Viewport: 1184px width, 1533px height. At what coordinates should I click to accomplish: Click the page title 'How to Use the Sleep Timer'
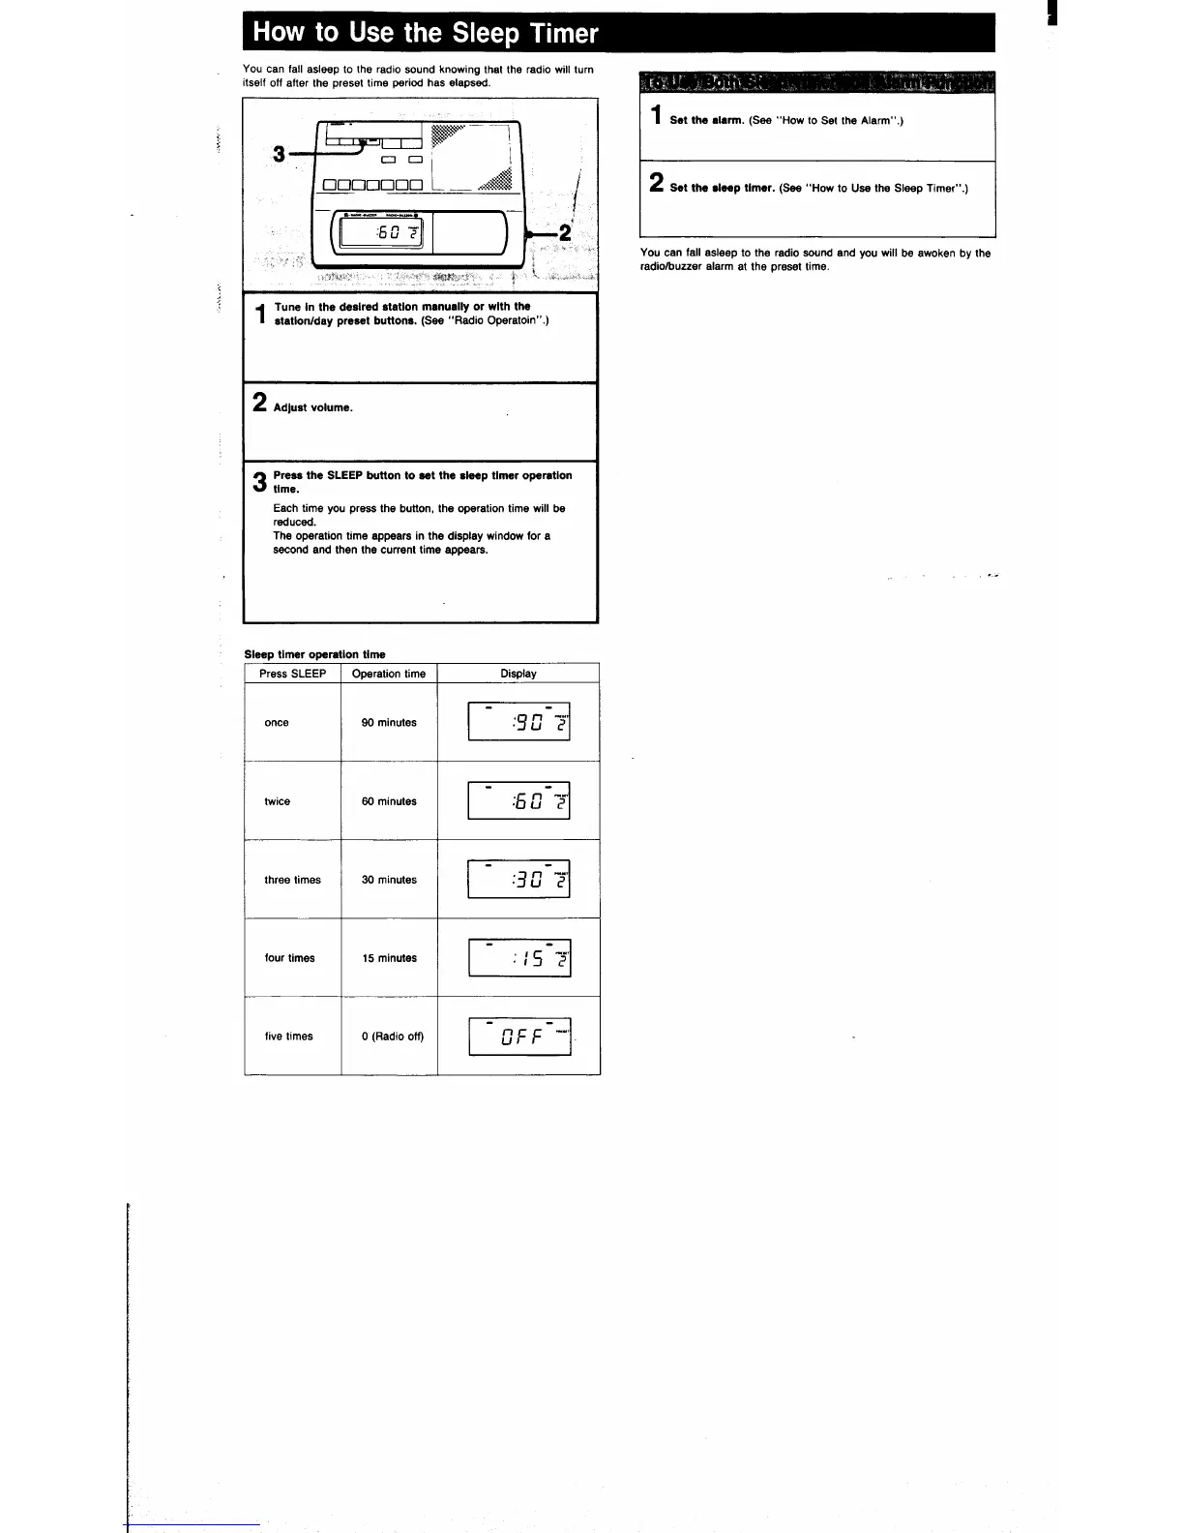click(425, 33)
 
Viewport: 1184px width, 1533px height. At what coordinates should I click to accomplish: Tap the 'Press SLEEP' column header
click(292, 674)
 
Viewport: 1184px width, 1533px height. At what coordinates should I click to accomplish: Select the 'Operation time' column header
click(389, 674)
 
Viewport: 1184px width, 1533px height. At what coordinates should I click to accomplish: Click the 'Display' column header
click(518, 674)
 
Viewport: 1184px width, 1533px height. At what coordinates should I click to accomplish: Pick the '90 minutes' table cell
click(389, 723)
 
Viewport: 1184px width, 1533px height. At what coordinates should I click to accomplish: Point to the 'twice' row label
click(278, 801)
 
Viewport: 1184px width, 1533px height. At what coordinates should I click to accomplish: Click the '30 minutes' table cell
click(389, 880)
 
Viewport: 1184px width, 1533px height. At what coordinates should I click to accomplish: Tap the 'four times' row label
click(289, 958)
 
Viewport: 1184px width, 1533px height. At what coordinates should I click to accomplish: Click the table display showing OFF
click(519, 1037)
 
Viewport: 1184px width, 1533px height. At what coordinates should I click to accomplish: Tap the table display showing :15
click(519, 958)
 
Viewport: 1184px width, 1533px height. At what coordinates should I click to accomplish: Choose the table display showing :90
click(519, 722)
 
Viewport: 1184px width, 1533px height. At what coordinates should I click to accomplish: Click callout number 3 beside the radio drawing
click(280, 154)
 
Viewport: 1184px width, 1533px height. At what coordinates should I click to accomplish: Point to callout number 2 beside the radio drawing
click(566, 233)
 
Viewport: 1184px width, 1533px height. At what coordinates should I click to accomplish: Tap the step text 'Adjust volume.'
click(313, 407)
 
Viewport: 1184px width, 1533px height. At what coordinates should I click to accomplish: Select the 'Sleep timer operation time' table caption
click(314, 654)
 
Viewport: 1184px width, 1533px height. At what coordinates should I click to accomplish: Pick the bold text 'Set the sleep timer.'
click(723, 189)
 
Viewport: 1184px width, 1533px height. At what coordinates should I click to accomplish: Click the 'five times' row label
click(289, 1037)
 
